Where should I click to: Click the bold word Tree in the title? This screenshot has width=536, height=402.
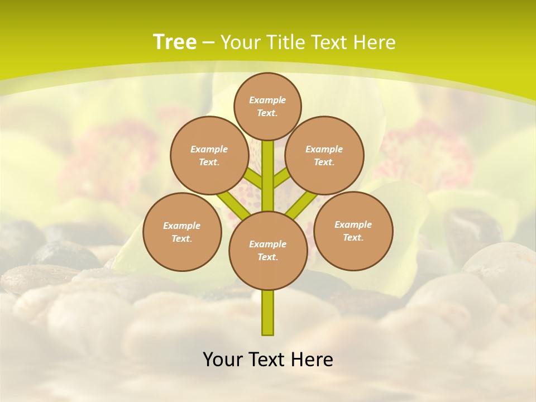175,42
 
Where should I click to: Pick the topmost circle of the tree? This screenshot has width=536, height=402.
267,106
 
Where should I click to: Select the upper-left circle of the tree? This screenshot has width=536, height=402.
209,156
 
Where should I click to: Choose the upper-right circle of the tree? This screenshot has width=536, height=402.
324,156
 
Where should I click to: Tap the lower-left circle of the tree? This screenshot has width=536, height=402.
182,232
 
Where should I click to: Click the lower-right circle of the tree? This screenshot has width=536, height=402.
353,231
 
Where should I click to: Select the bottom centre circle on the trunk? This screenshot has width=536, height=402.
268,251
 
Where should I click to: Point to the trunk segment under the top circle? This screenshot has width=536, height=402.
268,159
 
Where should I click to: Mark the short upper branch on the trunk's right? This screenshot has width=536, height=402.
282,178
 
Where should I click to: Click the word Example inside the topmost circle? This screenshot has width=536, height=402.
267,100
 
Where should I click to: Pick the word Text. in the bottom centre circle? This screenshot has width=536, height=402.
267,257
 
